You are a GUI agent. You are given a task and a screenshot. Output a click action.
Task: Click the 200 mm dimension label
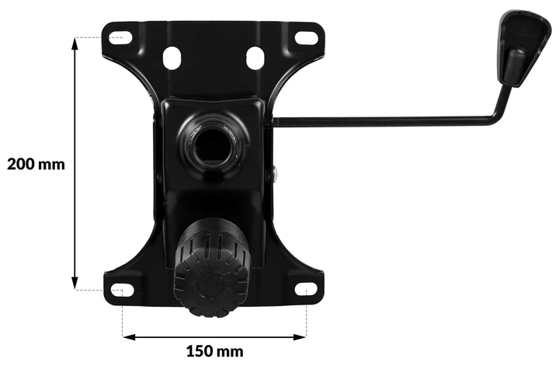pyautogui.click(x=36, y=165)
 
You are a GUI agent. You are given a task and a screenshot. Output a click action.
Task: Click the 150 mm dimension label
pyautogui.click(x=215, y=352)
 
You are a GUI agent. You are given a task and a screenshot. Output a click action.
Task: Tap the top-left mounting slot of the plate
pyautogui.click(x=120, y=37)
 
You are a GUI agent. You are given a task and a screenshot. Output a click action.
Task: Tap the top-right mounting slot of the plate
pyautogui.click(x=306, y=37)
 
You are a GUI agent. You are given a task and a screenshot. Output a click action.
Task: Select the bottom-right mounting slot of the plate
pyautogui.click(x=306, y=290)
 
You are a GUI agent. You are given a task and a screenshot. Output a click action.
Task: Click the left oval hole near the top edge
pyautogui.click(x=172, y=57)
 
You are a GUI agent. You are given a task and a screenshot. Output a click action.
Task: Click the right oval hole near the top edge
pyautogui.click(x=255, y=57)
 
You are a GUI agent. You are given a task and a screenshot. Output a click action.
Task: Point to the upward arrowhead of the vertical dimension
pyautogui.click(x=75, y=44)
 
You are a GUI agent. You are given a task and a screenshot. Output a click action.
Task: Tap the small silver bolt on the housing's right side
pyautogui.click(x=275, y=176)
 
